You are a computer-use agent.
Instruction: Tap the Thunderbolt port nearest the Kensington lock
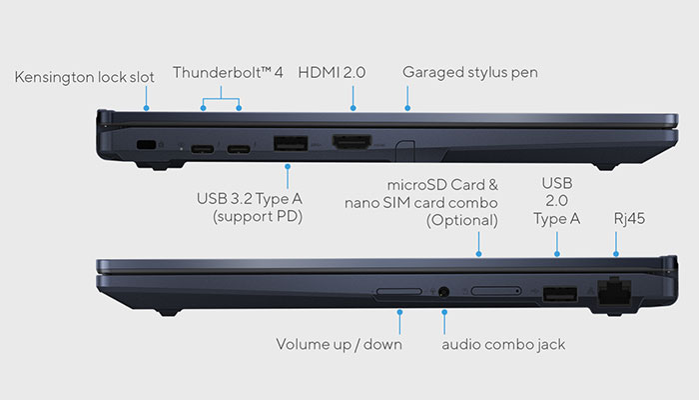[x=204, y=150]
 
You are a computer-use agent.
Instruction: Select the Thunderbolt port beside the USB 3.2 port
[x=240, y=150]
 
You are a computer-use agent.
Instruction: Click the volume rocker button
[x=398, y=293]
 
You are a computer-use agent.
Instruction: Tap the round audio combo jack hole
[x=443, y=293]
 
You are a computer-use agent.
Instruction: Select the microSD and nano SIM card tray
[x=495, y=293]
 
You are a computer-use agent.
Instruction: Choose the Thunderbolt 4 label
[x=228, y=72]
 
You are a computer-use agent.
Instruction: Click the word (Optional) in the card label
[x=461, y=220]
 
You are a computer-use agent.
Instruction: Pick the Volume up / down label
[x=339, y=345]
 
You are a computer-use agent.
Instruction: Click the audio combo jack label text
[x=503, y=345]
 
